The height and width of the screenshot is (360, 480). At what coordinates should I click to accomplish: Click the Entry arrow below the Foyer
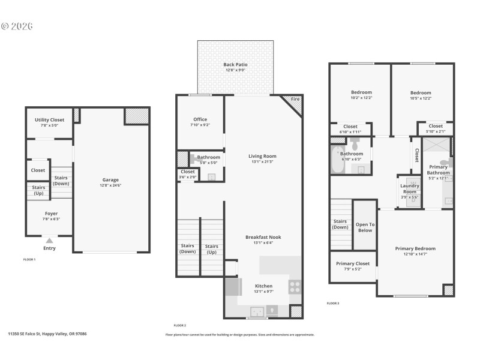tap(49, 240)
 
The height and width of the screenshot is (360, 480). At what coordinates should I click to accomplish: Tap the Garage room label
tap(110, 179)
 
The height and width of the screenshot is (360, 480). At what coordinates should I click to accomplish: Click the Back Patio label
tap(235, 64)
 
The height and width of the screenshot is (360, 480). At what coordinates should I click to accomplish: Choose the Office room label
tap(200, 119)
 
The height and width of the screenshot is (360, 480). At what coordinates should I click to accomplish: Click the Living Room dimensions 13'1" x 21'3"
tap(262, 161)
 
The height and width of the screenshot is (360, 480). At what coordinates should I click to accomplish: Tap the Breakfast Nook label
tap(263, 237)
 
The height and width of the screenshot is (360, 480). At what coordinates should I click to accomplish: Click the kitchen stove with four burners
tap(295, 286)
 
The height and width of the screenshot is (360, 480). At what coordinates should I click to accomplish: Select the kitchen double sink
tap(257, 311)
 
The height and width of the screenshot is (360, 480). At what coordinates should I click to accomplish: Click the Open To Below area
tap(365, 227)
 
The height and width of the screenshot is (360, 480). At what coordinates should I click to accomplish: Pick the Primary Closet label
tap(353, 263)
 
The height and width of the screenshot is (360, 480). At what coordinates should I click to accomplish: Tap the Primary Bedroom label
tap(415, 248)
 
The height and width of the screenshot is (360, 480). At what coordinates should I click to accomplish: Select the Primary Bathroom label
tap(438, 170)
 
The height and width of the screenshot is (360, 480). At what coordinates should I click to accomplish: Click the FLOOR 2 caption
tap(179, 325)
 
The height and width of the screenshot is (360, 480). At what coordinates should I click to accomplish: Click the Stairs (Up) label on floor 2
tap(211, 248)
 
